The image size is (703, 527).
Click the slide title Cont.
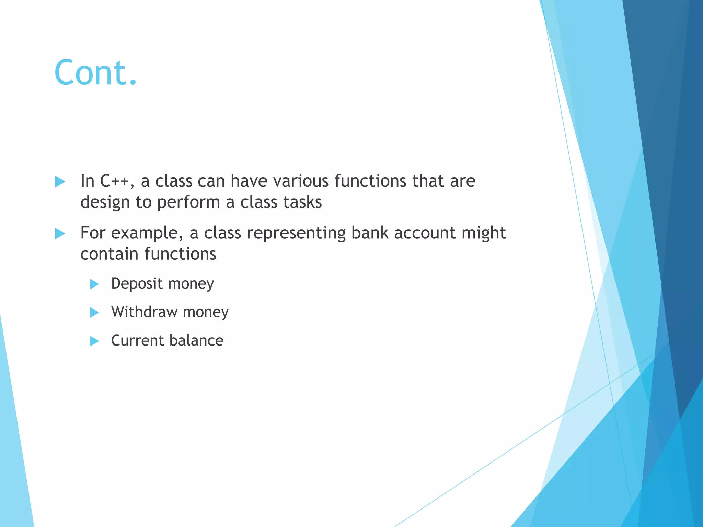(95, 72)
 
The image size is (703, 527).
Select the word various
(301, 181)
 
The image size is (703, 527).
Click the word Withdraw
(144, 312)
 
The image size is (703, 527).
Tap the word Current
(137, 340)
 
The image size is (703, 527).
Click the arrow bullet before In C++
(60, 182)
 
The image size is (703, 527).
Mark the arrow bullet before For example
(60, 234)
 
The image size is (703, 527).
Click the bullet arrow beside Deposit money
(94, 284)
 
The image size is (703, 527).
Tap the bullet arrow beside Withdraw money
(94, 313)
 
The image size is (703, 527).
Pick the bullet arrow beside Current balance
(94, 341)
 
